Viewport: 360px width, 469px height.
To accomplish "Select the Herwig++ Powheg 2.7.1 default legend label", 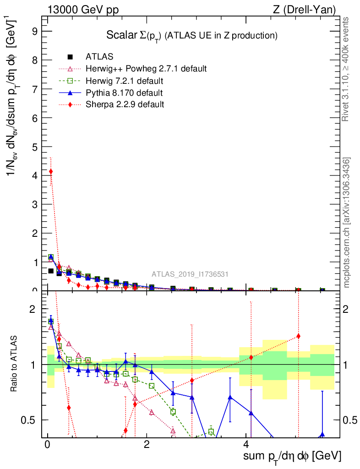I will [x=146, y=69].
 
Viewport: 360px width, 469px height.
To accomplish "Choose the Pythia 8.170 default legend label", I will [x=124, y=93].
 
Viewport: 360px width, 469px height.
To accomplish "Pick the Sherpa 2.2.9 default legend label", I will [x=125, y=104].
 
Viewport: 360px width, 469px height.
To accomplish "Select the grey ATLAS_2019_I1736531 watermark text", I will [x=190, y=274].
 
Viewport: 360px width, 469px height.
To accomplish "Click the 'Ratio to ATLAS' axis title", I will [x=15, y=364].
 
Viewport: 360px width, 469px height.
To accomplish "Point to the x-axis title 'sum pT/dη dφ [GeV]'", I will [x=292, y=456].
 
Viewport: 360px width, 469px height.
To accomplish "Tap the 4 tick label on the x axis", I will [x=245, y=444].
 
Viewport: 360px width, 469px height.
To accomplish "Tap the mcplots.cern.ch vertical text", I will [x=347, y=223].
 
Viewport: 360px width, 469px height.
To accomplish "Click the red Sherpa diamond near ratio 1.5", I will [x=298, y=336].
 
